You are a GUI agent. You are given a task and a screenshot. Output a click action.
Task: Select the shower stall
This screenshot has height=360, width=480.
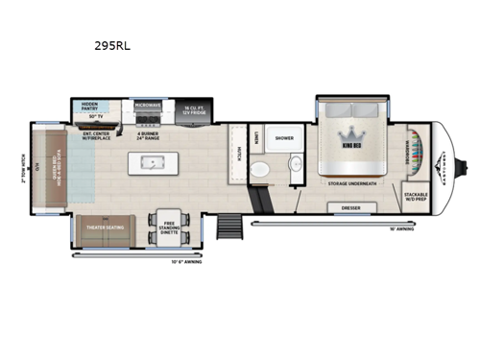tap(283, 139)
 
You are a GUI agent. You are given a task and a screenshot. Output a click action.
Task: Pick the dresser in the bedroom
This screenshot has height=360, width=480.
tap(351, 208)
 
